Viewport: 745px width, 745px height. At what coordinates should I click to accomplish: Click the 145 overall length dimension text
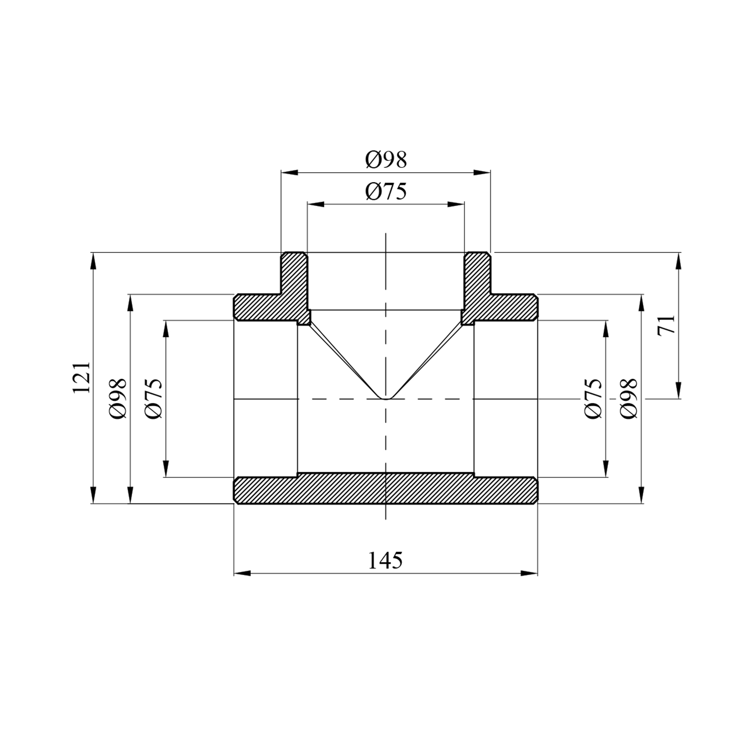385,560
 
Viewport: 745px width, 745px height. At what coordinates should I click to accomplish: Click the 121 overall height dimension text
82,377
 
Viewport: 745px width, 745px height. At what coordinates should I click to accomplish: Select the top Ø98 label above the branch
386,159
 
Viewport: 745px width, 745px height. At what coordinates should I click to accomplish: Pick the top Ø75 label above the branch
386,191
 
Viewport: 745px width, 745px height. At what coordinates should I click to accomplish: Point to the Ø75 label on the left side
153,398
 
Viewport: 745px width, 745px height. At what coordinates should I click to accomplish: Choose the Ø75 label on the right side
594,398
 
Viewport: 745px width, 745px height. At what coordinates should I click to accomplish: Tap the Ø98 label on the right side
628,398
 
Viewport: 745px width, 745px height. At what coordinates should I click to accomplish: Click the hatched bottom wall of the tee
385,489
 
